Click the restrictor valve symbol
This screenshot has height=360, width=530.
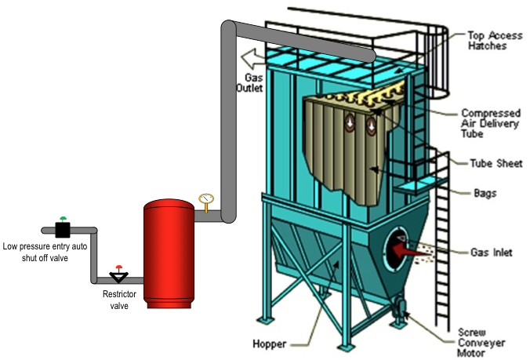(x=118, y=276)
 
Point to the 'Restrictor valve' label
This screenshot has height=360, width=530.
(x=118, y=300)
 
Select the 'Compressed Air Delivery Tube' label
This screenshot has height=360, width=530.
(x=490, y=123)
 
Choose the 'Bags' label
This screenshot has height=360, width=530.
(x=483, y=192)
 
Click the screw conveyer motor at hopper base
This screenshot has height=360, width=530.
(x=400, y=307)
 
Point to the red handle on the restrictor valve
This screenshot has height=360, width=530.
(x=118, y=267)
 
